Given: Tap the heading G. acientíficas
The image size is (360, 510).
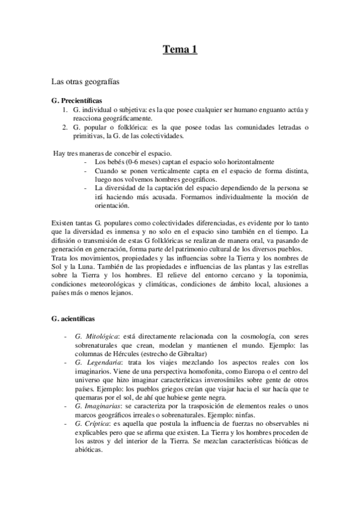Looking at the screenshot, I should [73, 317].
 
